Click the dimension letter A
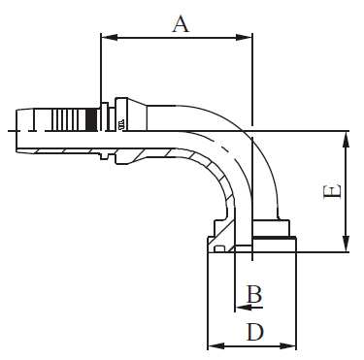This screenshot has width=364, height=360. tap(181, 22)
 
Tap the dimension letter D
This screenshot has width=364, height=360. tap(254, 331)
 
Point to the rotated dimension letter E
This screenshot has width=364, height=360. tap(332, 192)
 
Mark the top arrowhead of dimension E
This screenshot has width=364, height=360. tap(347, 135)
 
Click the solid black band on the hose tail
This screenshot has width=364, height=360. tap(92, 119)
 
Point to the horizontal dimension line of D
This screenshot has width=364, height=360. tap(252, 345)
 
